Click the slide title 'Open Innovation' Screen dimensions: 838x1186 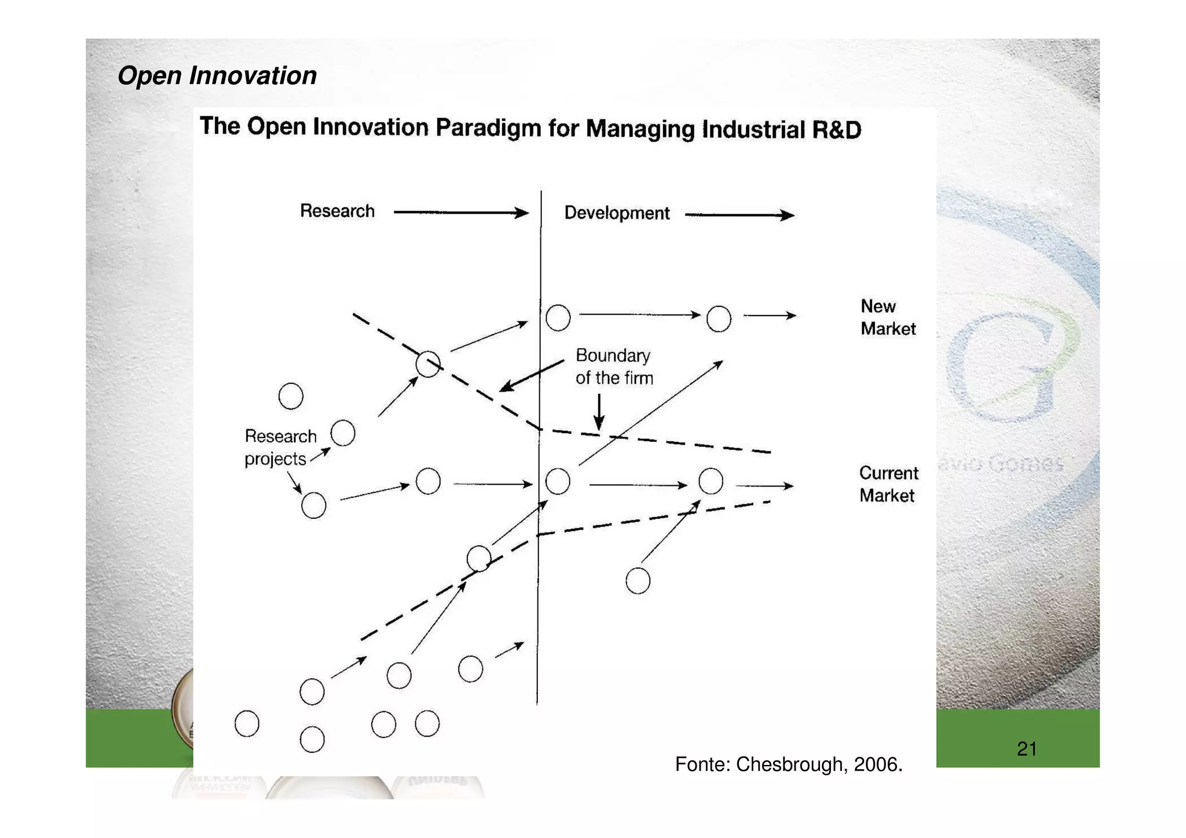pos(217,76)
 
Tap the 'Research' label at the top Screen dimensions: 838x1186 pos(337,211)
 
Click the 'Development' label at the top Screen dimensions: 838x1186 pos(617,213)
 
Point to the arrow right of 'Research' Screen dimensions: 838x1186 pos(460,213)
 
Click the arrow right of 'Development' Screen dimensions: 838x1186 pos(739,215)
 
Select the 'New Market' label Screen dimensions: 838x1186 pos(887,317)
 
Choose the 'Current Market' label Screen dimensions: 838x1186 pos(888,484)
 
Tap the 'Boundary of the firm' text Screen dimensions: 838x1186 pos(614,367)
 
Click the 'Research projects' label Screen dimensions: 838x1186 pos(280,447)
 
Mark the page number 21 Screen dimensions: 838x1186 pos(1026,749)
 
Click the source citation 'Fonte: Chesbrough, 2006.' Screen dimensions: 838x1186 pos(789,764)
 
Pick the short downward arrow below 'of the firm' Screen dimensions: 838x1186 pos(599,412)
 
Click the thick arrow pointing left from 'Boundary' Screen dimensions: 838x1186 pos(531,375)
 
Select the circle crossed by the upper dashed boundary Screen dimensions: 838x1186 pos(428,364)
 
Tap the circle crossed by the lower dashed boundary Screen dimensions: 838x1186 pos(479,559)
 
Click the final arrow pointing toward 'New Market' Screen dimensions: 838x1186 pos(770,316)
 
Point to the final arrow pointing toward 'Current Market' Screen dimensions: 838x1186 pos(764,486)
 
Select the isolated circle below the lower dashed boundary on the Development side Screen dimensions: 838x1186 pos(638,581)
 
